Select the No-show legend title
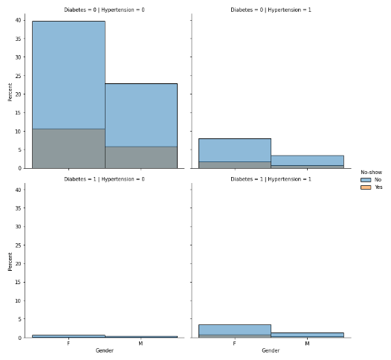[x=371, y=172]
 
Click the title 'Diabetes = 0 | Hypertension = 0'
[x=104, y=10]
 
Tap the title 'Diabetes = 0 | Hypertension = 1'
[x=271, y=10]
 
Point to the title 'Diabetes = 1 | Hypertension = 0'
[x=104, y=179]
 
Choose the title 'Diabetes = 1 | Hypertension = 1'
[x=271, y=179]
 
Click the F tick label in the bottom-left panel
[x=68, y=344]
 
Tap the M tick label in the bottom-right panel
[x=307, y=344]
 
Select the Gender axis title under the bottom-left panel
[x=104, y=350]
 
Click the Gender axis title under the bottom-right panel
[x=271, y=350]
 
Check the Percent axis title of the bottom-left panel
[x=10, y=261]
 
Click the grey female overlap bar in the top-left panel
[x=68, y=149]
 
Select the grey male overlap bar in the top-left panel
[x=140, y=157]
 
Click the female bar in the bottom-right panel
[x=234, y=330]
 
